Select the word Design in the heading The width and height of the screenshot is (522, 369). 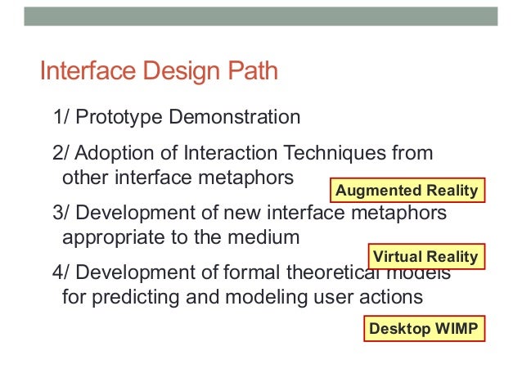(178, 72)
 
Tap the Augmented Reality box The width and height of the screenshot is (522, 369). (407, 191)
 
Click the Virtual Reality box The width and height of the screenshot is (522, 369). (425, 257)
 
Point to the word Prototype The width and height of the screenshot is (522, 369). (118, 117)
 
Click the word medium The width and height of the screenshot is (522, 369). (268, 238)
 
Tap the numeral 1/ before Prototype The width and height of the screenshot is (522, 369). (61, 117)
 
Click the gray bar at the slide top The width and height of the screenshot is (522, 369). (260, 16)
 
